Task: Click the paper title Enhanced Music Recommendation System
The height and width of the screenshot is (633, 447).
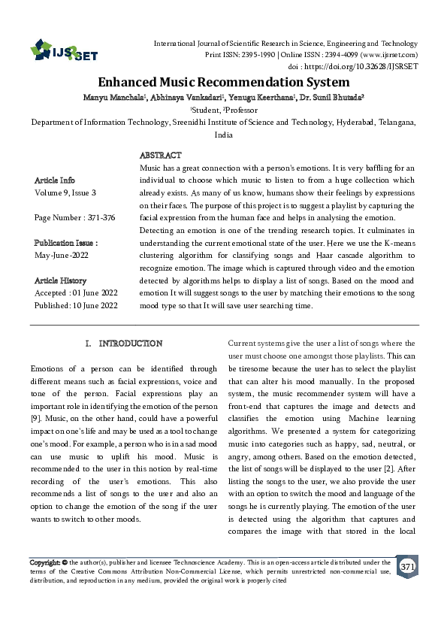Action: click(x=224, y=82)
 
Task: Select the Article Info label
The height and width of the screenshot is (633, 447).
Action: click(x=55, y=180)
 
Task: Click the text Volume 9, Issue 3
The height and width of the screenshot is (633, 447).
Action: click(x=65, y=193)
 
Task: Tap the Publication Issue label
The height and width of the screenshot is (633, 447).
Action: click(x=66, y=243)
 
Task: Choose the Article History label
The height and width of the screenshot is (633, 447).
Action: click(x=62, y=280)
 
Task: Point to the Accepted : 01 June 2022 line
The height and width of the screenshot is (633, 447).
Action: click(x=75, y=292)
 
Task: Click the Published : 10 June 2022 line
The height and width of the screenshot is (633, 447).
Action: click(x=76, y=304)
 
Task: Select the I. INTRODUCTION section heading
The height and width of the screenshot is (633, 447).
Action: click(x=124, y=344)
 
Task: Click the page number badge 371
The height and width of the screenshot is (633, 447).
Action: click(x=407, y=565)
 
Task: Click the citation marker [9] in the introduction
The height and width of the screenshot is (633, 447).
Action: click(x=35, y=416)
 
